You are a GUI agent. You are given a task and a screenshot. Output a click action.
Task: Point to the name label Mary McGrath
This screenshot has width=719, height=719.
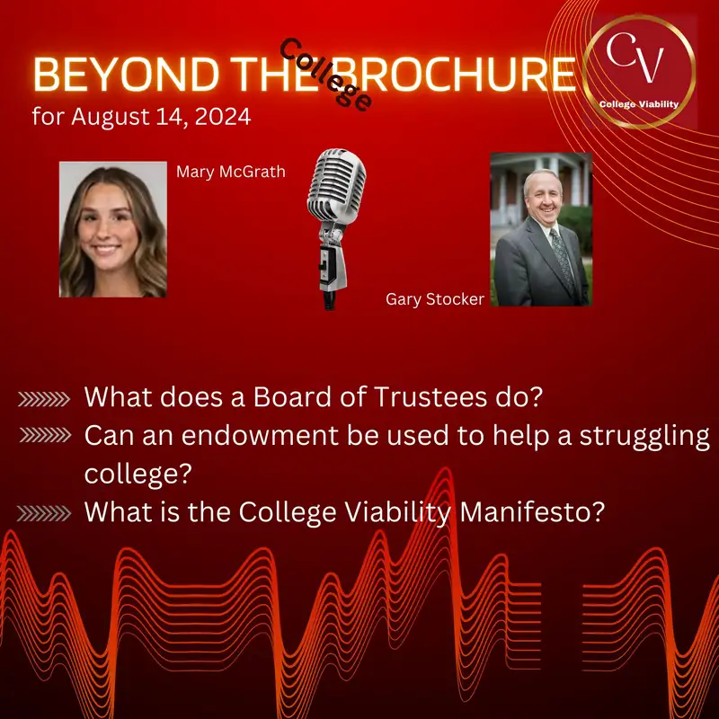[x=231, y=172]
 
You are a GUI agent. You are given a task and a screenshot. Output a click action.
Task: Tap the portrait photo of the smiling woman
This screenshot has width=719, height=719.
[x=113, y=229]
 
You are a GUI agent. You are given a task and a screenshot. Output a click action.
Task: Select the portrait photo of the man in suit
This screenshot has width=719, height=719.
[x=541, y=229]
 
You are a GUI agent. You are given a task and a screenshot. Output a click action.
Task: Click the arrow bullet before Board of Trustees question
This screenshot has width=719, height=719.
[x=43, y=397]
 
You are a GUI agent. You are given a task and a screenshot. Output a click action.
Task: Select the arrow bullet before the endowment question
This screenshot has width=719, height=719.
[x=43, y=436]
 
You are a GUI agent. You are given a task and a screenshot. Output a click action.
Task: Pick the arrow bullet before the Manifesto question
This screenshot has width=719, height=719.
[x=43, y=513]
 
